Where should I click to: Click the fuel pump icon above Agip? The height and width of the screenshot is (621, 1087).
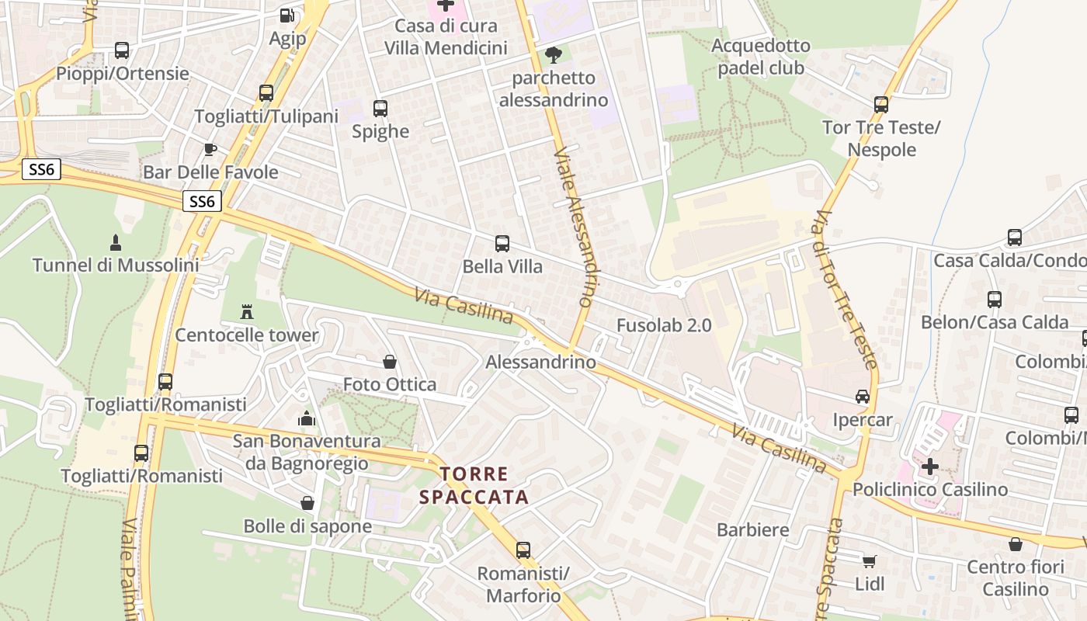pos(287,15)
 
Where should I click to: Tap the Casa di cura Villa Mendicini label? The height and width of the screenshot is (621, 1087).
pos(446,36)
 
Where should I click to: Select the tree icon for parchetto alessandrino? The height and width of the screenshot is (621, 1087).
pos(554,54)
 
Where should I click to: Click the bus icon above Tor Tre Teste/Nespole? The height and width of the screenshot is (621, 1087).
pos(881,104)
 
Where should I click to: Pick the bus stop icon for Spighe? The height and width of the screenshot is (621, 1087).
pos(380,109)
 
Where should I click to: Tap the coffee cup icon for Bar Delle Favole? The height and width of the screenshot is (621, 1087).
pos(210,149)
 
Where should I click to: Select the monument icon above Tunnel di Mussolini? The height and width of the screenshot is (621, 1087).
pos(116,242)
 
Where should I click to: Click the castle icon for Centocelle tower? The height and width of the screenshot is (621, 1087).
pos(247,312)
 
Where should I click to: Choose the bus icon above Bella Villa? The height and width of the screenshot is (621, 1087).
pos(502,244)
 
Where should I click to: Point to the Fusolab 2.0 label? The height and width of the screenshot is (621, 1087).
pos(664,325)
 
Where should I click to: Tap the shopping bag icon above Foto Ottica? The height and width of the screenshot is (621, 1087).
pos(390,362)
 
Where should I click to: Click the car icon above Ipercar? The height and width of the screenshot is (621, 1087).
pos(863,397)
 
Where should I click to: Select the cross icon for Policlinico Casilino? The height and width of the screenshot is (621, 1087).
pos(929,467)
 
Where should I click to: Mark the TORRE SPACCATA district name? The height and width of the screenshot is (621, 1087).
pos(474,485)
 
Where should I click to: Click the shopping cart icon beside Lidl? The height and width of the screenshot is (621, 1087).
pos(870,560)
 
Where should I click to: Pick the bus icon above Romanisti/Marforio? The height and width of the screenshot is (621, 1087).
pos(523,550)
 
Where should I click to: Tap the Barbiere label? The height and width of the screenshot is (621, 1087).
pos(753,530)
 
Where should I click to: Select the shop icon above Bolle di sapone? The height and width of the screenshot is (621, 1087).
pos(307,503)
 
